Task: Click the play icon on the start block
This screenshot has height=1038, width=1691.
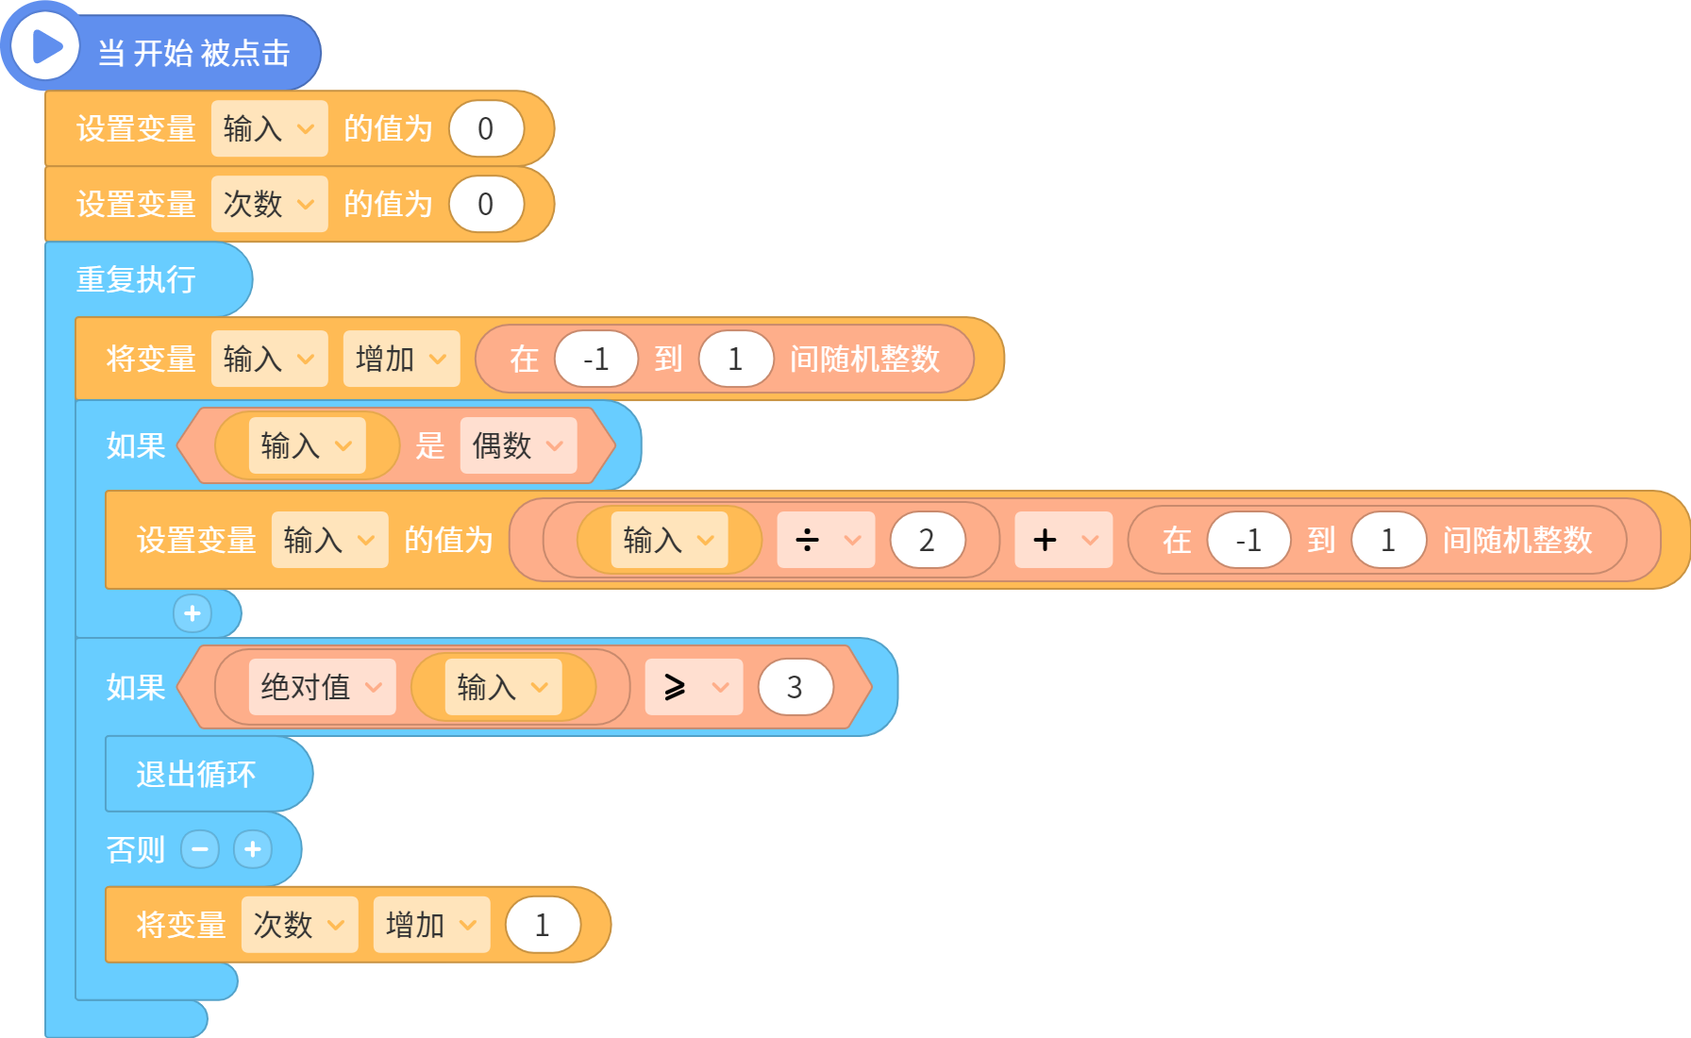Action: (45, 46)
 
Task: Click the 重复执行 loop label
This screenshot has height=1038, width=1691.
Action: (136, 279)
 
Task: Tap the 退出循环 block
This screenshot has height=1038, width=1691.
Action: (196, 774)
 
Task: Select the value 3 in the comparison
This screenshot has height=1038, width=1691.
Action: (795, 687)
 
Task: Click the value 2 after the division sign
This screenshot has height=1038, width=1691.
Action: (928, 540)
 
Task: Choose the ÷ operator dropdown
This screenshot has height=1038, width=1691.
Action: (826, 540)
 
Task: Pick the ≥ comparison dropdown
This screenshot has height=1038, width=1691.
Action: (694, 687)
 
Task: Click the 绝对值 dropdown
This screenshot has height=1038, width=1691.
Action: (322, 687)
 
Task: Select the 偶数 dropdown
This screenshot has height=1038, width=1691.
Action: (518, 445)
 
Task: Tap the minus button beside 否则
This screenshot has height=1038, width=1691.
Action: (200, 849)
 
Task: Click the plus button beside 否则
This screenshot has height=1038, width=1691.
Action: (253, 849)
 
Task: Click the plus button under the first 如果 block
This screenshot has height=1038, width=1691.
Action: (193, 613)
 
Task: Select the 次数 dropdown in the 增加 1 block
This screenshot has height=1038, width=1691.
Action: (299, 925)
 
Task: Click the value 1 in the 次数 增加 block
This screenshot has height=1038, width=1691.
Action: (543, 925)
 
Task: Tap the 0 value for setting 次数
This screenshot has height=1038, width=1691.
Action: (486, 204)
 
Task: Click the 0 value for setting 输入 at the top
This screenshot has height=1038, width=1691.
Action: (486, 128)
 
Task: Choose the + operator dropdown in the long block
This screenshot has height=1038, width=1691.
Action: (1063, 540)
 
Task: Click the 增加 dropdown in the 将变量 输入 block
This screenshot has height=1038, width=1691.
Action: (401, 359)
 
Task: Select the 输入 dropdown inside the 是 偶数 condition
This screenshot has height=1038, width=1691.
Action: (307, 445)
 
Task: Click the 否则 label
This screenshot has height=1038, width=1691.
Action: (136, 849)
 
